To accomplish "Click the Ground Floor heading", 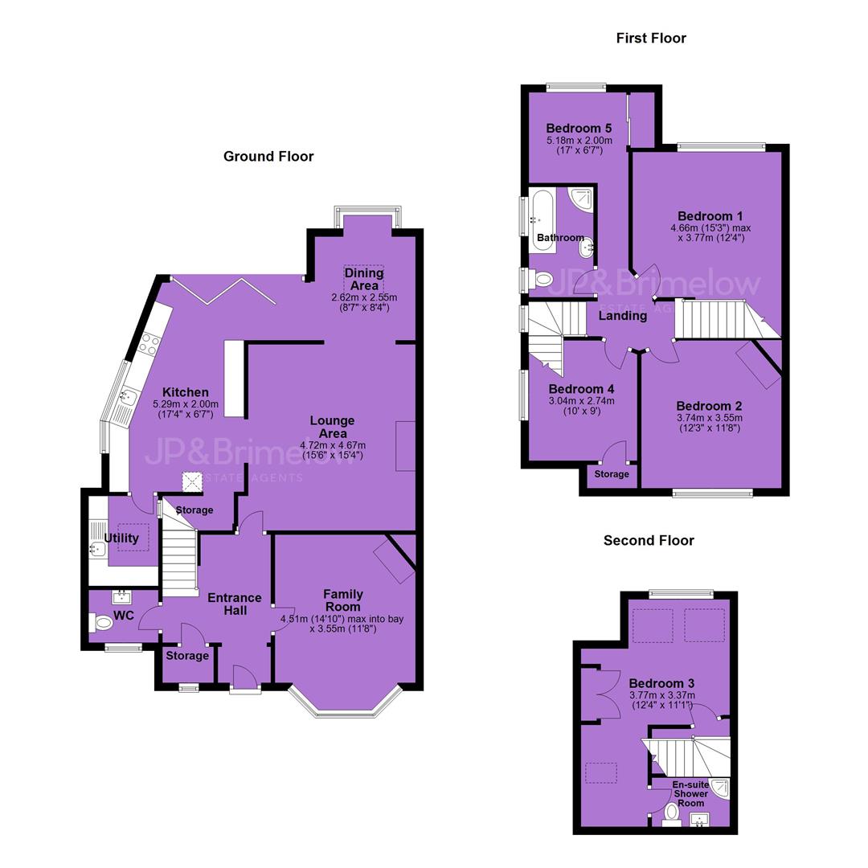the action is pyautogui.click(x=268, y=157).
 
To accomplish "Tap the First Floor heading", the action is pyautogui.click(x=651, y=39).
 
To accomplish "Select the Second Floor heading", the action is pyautogui.click(x=649, y=540).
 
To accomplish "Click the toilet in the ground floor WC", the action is pyautogui.click(x=100, y=623).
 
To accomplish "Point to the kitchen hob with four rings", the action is pyautogui.click(x=149, y=344).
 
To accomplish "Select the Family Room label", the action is pyautogui.click(x=343, y=600).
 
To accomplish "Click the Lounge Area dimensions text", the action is pyautogui.click(x=333, y=450).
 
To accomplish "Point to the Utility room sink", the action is pyautogui.click(x=97, y=548).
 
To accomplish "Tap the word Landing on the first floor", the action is pyautogui.click(x=623, y=316).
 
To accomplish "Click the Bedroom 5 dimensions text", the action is pyautogui.click(x=579, y=145).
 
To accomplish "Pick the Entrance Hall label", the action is pyautogui.click(x=235, y=604).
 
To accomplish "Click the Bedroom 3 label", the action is pyautogui.click(x=661, y=683).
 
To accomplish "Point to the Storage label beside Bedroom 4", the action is pyautogui.click(x=612, y=474).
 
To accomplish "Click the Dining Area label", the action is pyautogui.click(x=364, y=279).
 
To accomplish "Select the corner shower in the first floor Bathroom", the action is pyautogui.click(x=583, y=200).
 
